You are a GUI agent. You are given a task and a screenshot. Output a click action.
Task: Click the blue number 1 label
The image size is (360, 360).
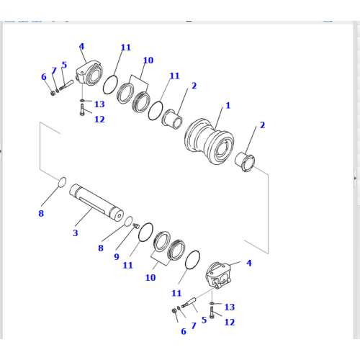(x=228, y=105)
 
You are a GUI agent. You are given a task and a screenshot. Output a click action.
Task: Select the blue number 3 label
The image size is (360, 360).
(x=75, y=233)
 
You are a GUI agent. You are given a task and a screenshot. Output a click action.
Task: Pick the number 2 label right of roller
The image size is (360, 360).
(x=262, y=125)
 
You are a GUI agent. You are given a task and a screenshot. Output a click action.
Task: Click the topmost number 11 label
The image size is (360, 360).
(x=125, y=48)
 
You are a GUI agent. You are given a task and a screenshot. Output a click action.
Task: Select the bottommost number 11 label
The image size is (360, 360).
(x=176, y=293)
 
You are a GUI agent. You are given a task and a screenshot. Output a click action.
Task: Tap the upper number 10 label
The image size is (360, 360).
(x=148, y=60)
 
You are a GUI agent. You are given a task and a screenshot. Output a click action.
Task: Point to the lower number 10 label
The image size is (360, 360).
(x=150, y=277)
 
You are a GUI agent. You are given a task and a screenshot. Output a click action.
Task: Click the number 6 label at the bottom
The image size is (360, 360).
(x=183, y=331)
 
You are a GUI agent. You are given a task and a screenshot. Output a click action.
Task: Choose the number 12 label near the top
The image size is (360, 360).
(x=99, y=119)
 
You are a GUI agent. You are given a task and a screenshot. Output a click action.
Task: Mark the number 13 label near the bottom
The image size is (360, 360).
(x=229, y=307)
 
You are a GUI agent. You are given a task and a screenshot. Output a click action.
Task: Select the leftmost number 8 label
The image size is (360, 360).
(x=40, y=212)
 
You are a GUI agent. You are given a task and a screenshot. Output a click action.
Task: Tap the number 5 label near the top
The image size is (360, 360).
(x=63, y=65)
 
